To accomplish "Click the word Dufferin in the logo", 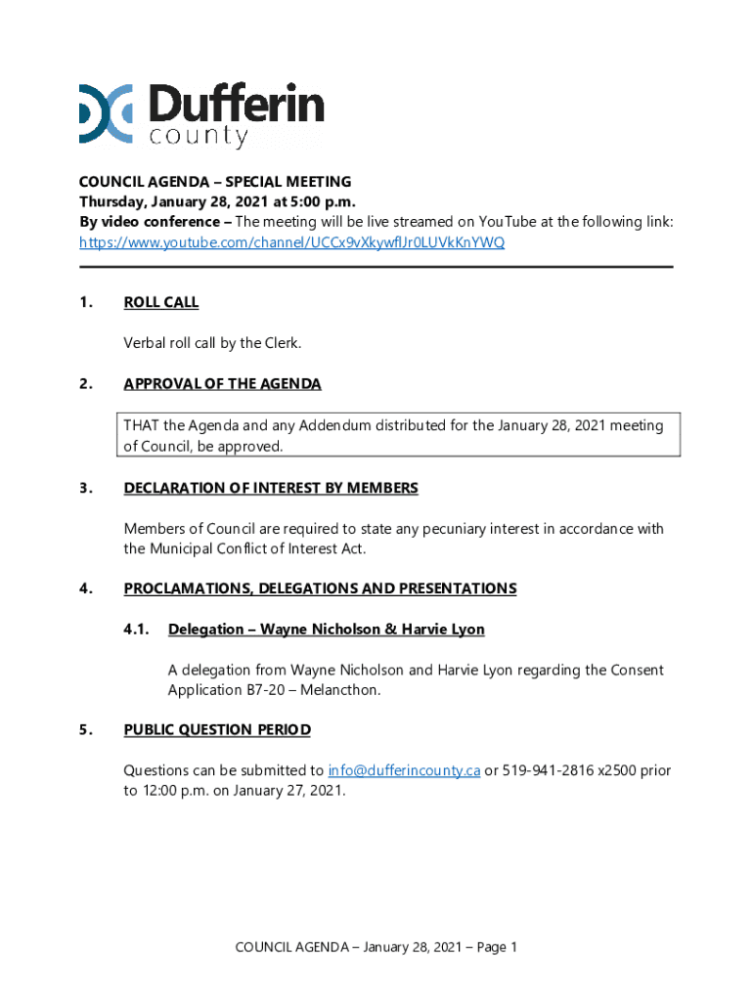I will click(x=237, y=105).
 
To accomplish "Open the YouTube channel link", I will click(x=292, y=242).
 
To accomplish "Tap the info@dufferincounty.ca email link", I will click(x=404, y=770).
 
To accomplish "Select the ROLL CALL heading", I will click(x=161, y=303).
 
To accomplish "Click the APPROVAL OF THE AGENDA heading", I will click(x=222, y=384).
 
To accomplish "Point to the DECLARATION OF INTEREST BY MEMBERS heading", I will click(x=271, y=488).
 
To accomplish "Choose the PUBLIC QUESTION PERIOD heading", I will click(x=217, y=729).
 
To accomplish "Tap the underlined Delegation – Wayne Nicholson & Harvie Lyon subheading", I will click(x=327, y=630).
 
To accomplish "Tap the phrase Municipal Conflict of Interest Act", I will click(x=257, y=548).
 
